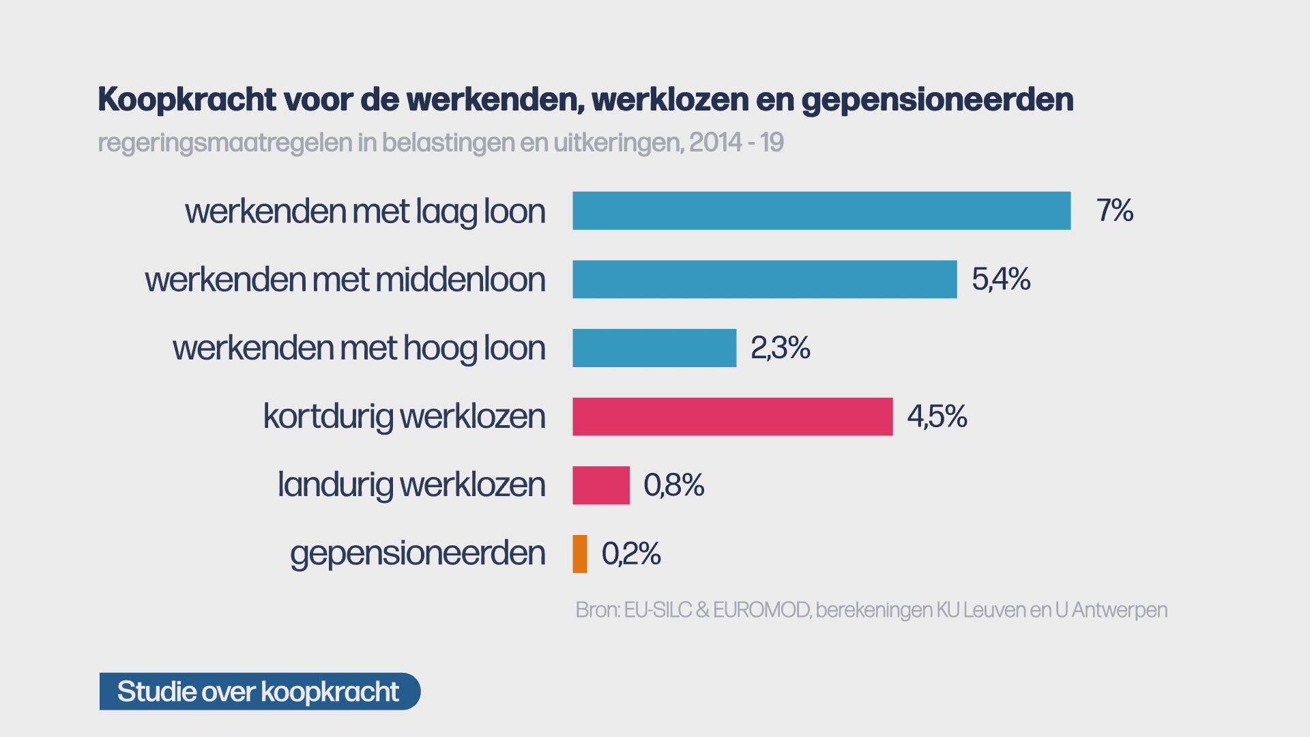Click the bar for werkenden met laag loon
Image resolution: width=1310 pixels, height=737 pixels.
tap(821, 211)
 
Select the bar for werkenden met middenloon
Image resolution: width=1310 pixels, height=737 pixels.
tap(764, 279)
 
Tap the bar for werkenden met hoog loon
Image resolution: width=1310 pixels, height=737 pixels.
tap(654, 348)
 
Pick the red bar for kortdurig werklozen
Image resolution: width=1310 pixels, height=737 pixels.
tap(732, 416)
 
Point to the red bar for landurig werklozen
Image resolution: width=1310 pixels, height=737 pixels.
tap(600, 485)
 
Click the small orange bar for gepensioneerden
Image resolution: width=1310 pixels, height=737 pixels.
tap(580, 553)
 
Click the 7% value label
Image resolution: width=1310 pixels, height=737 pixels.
tap(1114, 211)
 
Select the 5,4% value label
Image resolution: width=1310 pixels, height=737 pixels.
tap(1001, 279)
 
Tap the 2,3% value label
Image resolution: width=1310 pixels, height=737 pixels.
tap(780, 348)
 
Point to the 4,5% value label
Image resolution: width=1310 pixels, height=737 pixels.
tap(937, 416)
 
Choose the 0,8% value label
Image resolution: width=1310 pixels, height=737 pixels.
tap(673, 485)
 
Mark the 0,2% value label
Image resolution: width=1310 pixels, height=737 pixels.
tap(631, 553)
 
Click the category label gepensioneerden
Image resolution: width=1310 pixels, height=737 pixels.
tap(418, 553)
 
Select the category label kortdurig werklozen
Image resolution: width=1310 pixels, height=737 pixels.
tap(404, 416)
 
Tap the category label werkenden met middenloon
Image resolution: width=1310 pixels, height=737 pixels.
tap(345, 279)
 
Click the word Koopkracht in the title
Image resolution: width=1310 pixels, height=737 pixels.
tap(187, 100)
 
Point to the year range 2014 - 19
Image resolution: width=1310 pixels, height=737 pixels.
tap(736, 143)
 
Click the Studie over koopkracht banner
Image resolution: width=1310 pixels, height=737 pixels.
tap(259, 691)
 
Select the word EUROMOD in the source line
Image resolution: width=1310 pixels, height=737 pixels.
tap(761, 609)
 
